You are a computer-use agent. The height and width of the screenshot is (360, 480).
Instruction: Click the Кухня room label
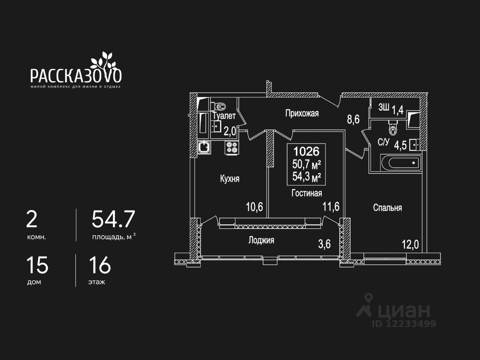point(229,179)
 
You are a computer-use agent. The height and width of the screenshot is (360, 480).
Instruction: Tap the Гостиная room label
point(307,193)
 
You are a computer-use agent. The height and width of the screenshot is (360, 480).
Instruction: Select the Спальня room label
point(387,208)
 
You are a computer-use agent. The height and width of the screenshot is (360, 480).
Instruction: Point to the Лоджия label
point(261,240)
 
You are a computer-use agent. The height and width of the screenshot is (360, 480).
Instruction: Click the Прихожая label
point(302,113)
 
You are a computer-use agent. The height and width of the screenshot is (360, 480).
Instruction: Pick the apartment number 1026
point(306,151)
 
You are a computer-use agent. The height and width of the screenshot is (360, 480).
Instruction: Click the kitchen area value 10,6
point(254,207)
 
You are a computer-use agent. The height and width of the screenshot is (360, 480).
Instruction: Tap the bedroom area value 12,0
point(410,245)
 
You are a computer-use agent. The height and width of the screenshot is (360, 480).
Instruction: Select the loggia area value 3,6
point(324,244)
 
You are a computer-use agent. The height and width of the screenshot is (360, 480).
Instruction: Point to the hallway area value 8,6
point(353,120)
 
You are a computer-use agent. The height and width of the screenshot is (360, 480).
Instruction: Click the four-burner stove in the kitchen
point(232,147)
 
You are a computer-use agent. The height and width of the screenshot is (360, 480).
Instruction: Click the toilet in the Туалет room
point(219,106)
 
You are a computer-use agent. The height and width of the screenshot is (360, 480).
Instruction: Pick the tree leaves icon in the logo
point(103,60)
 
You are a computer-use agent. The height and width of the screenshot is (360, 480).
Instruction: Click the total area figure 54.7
point(113,219)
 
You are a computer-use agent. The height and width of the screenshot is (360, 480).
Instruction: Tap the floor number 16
point(100,265)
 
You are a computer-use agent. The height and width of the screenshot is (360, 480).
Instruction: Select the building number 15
point(37,265)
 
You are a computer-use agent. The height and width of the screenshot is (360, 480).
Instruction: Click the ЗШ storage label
point(383,108)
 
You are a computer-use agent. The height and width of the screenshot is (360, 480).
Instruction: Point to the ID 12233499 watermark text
point(404,323)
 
